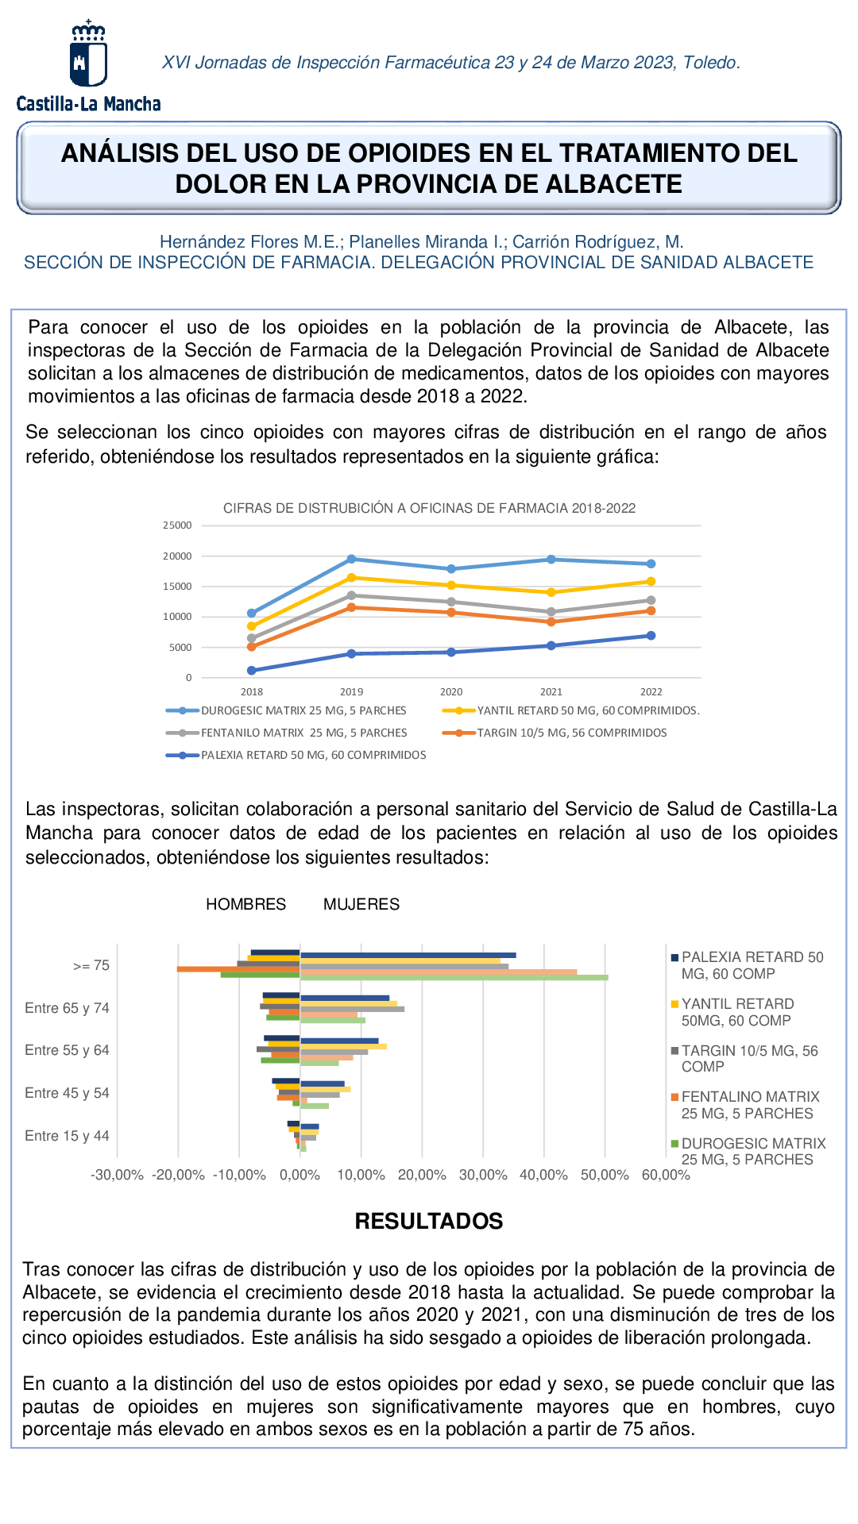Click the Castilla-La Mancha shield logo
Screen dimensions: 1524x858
click(x=88, y=56)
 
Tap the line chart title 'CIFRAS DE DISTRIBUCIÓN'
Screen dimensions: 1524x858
click(x=429, y=508)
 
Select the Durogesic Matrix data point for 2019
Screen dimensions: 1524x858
click(x=351, y=559)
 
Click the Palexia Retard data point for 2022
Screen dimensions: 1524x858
click(x=651, y=635)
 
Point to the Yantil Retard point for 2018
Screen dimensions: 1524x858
click(x=252, y=626)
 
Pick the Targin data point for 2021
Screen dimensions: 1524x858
click(x=551, y=622)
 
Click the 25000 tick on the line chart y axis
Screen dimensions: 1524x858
click(x=178, y=525)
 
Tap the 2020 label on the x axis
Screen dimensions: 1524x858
click(x=451, y=692)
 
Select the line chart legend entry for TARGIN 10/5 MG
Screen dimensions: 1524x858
click(x=571, y=733)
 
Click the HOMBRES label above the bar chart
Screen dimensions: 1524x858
click(x=245, y=904)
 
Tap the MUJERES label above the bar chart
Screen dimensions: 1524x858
click(x=361, y=904)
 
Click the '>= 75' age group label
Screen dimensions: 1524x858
click(x=91, y=965)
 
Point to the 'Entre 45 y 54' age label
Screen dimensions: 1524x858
click(x=67, y=1093)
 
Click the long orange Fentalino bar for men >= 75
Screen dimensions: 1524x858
click(x=238, y=969)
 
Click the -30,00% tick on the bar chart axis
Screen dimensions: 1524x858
click(x=117, y=1175)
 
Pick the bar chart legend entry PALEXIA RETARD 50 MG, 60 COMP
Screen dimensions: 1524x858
click(x=752, y=965)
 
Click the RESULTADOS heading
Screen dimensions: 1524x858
click(x=429, y=1221)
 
